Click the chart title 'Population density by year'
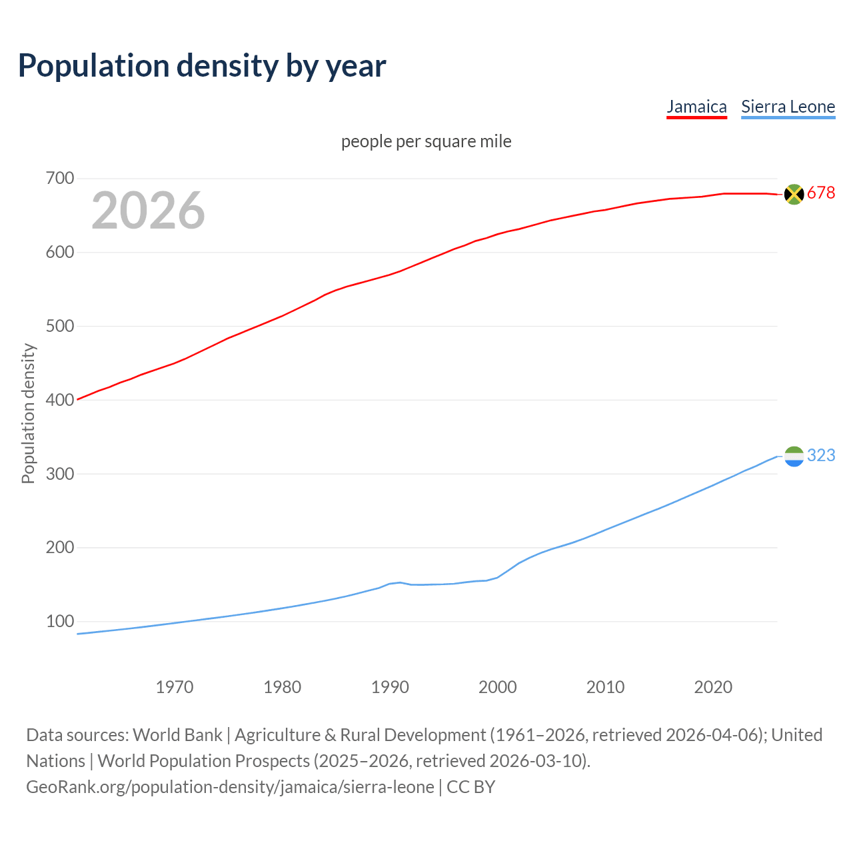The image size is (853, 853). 202,65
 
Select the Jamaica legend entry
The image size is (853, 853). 696,107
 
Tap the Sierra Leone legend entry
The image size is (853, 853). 788,107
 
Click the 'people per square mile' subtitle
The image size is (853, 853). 426,141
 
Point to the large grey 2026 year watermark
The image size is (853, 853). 148,211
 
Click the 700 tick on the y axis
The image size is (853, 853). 60,179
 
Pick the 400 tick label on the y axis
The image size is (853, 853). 60,400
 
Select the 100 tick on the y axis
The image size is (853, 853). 60,621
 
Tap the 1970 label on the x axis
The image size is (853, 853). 175,687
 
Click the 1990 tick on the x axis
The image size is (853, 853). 390,687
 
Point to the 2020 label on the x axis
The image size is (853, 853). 713,687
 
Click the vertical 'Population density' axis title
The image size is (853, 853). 28,413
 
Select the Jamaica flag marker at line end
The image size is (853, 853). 794,194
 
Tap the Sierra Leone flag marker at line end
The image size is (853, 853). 794,456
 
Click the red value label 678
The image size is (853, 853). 821,193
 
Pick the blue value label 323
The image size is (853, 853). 821,455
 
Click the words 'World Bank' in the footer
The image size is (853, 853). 177,734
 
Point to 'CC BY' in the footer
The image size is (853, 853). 471,787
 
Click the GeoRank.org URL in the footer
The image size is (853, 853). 230,787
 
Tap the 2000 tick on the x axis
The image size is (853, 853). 498,687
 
